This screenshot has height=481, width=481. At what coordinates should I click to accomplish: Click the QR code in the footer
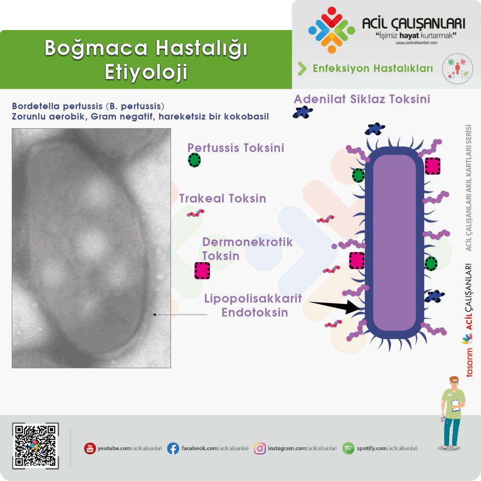[35, 446]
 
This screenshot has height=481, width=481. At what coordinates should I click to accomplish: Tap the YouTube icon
[90, 448]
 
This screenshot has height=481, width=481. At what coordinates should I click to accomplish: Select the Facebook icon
[173, 448]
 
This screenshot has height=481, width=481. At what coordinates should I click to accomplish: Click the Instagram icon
[260, 448]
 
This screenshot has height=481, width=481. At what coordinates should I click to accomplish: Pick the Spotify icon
[348, 448]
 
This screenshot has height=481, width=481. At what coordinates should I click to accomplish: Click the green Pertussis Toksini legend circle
[194, 160]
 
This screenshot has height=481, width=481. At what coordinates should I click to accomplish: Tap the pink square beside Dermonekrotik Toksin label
[202, 271]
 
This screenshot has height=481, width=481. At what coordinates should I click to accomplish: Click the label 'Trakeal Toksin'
[223, 198]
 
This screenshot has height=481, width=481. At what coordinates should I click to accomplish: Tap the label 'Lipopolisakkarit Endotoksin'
[253, 305]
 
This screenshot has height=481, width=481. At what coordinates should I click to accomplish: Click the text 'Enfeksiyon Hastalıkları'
[372, 69]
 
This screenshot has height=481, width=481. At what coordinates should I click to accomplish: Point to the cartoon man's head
[454, 382]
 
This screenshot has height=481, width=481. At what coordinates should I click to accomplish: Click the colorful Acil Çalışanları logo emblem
[332, 30]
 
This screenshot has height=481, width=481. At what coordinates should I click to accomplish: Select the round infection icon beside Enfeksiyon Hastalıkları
[458, 69]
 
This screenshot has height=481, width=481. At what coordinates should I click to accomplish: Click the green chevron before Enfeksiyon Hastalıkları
[302, 69]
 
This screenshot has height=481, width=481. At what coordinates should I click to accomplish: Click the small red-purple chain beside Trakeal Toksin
[195, 213]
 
